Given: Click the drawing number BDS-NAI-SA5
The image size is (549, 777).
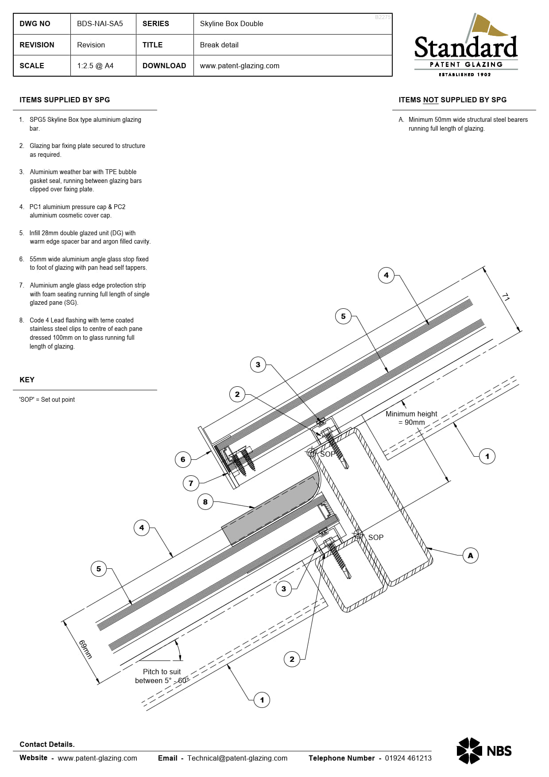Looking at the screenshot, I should click(100, 24).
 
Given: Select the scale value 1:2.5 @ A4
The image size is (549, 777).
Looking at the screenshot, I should click(95, 66).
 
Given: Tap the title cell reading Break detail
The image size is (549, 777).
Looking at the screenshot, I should click(219, 45).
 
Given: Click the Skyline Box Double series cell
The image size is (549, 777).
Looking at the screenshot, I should click(231, 24).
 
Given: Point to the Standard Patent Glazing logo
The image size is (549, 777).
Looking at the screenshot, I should click(466, 46).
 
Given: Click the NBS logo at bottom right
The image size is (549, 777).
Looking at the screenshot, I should click(484, 750).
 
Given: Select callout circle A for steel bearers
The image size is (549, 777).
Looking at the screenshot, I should click(470, 556).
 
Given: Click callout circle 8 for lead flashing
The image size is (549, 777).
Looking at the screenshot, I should click(205, 502).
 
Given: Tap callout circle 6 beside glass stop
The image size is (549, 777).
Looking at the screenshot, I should click(183, 459).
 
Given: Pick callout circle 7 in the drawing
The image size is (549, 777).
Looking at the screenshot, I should click(191, 483).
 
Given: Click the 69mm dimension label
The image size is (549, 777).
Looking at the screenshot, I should click(85, 649).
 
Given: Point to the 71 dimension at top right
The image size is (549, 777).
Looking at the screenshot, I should click(506, 297).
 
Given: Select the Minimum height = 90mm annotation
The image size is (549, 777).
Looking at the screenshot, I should click(411, 418).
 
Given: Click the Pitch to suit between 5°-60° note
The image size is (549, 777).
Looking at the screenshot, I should click(162, 676).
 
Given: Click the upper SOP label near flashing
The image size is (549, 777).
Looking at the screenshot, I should click(328, 454).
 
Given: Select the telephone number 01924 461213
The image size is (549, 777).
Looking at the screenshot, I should click(408, 758).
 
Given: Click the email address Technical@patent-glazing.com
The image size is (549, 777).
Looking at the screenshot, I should click(237, 758).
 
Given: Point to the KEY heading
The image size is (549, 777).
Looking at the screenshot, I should click(27, 380).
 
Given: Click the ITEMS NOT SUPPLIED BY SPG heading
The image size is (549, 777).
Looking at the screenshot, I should click(452, 100).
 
